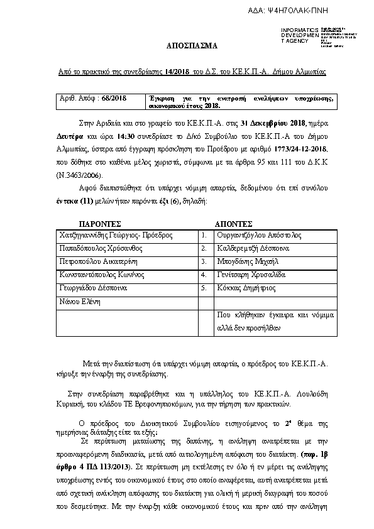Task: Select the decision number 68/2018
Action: (114, 99)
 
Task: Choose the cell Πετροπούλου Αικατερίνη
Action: (97, 261)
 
